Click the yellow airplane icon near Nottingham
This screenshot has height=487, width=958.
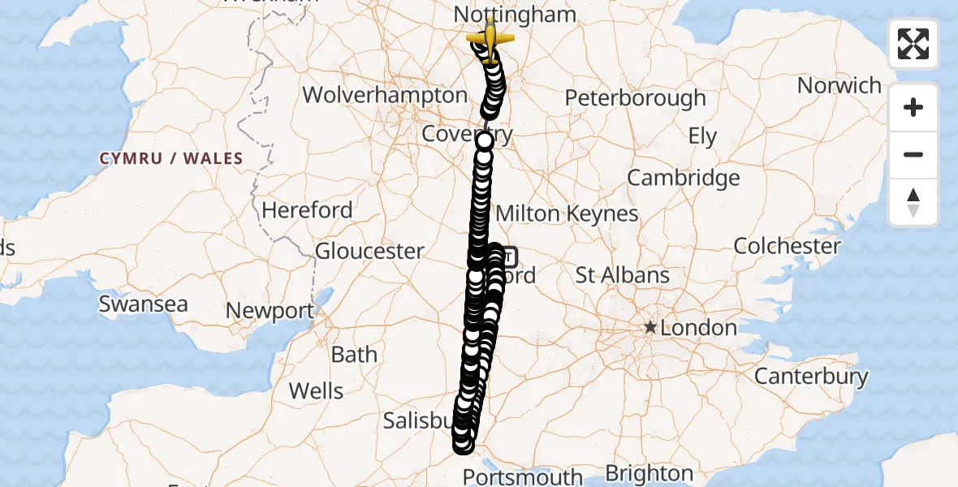pos(490,38)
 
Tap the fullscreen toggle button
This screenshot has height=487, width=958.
pos(913,44)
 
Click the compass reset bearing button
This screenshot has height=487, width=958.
pos(913,202)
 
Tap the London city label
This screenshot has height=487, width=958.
pos(698,328)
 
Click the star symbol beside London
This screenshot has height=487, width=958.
pos(649,328)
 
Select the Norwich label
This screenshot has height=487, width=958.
pos(839,85)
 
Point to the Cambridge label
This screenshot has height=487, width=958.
pos(684,178)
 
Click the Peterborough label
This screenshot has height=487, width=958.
pos(635,98)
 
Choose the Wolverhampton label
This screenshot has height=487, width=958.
pos(385,95)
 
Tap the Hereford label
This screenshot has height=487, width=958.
pos(307,210)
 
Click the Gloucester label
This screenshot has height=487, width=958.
pos(369,251)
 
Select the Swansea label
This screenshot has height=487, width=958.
pos(143,304)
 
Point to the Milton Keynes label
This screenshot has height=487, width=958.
pos(567,213)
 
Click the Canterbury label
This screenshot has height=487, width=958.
pos(811,377)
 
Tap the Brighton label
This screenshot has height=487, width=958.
pos(649,473)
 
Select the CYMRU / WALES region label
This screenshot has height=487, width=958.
pos(171,158)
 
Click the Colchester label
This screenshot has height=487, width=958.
pos(787,246)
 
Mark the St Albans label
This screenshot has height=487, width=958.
pos(623,275)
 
